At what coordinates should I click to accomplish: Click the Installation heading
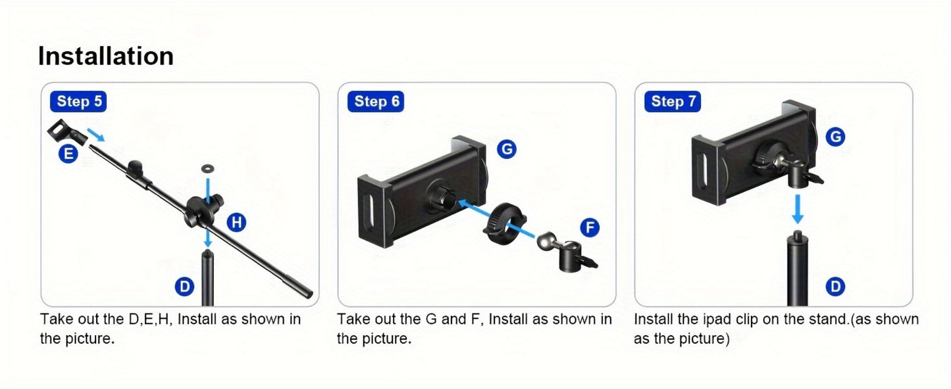[x=106, y=56]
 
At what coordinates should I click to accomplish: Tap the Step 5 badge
[x=78, y=102]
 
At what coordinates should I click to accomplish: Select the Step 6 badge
[x=376, y=102]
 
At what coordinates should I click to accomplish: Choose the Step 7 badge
[x=673, y=102]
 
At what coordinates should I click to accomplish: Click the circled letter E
[x=68, y=153]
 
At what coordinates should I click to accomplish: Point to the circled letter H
[x=236, y=222]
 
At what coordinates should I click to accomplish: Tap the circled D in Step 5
[x=185, y=286]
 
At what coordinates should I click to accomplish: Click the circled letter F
[x=590, y=227]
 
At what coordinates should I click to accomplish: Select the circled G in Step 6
[x=507, y=149]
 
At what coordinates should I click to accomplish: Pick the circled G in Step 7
[x=835, y=137]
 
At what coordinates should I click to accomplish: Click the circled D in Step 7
[x=835, y=286]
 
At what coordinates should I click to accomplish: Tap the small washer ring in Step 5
[x=207, y=169]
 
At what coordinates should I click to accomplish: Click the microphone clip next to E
[x=66, y=133]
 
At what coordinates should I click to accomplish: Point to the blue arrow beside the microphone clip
[x=95, y=134]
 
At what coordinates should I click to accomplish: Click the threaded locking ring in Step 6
[x=504, y=223]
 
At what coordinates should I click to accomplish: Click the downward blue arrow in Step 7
[x=797, y=209]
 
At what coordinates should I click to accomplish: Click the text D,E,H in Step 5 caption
[x=150, y=319]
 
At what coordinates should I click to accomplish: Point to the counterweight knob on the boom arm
[x=136, y=169]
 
